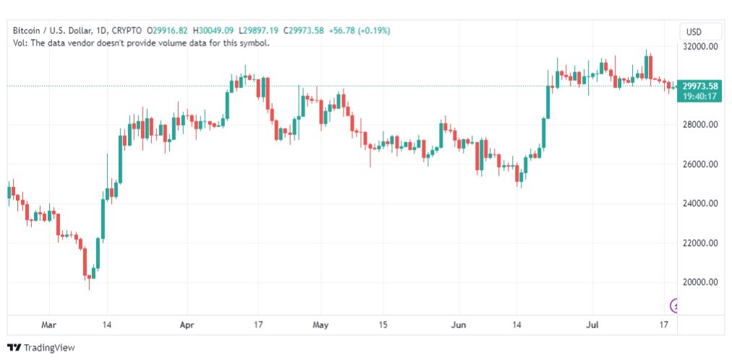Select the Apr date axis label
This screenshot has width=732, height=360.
coord(187,325)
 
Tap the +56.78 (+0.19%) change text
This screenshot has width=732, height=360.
coord(359,31)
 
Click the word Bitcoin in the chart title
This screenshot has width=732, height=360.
coord(27,31)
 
